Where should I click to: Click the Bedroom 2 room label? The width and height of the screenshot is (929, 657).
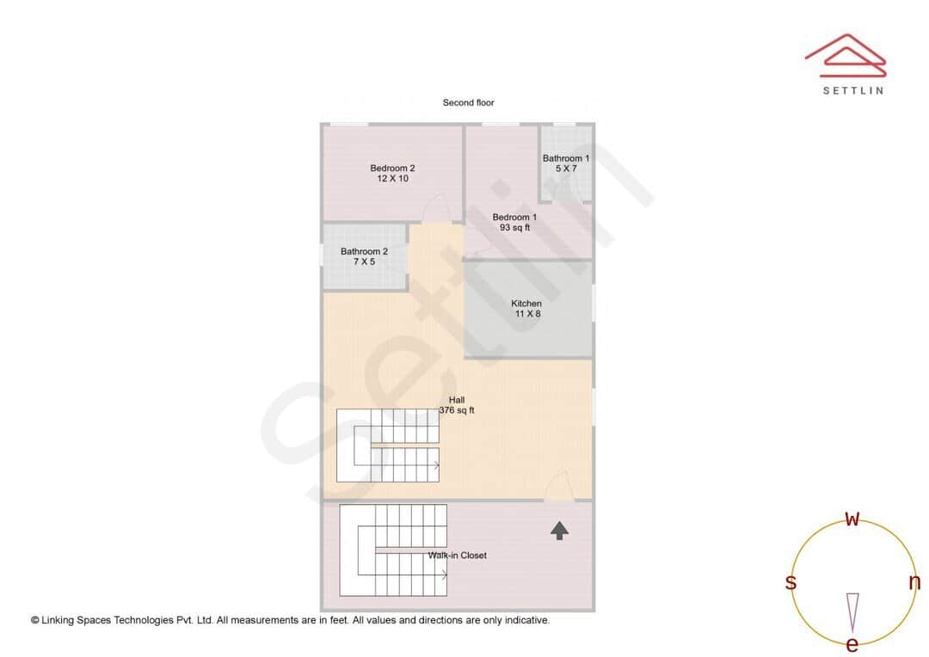(392, 168)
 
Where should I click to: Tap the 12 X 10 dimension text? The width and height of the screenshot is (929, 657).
(392, 179)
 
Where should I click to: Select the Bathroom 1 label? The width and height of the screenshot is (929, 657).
(566, 158)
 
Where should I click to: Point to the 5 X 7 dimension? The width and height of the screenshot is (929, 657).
(566, 169)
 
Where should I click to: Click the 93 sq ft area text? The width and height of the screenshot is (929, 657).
(514, 228)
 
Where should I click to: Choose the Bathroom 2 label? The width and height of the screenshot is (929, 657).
(364, 251)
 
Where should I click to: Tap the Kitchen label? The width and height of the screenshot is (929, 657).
(526, 304)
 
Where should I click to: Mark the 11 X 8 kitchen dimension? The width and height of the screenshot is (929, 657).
(526, 315)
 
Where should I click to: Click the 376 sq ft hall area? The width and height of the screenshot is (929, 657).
(457, 411)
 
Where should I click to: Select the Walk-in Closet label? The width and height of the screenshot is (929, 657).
(458, 556)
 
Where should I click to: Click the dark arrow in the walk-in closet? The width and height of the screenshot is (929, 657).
(559, 531)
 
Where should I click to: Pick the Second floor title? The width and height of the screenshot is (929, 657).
(468, 102)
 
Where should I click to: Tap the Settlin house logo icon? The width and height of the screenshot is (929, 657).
(845, 56)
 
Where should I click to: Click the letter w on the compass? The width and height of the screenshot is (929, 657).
(852, 519)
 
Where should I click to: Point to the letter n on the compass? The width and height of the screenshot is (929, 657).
(914, 582)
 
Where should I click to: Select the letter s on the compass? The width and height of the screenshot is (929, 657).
(791, 583)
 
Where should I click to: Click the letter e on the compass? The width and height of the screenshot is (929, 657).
(852, 644)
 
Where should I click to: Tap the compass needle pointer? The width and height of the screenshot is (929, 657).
(852, 611)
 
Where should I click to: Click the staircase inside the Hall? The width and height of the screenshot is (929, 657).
(389, 445)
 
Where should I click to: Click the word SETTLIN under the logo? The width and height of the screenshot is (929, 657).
(852, 90)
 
